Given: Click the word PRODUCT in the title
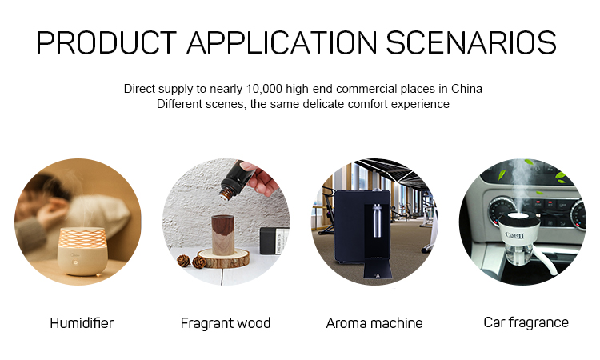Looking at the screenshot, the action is coord(106,42).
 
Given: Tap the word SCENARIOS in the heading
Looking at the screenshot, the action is coord(471,42).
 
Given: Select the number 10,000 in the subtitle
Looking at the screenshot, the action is coord(264,89).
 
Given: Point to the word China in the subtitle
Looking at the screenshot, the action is coord(466,89).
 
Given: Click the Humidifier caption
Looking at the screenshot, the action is coord(82,323).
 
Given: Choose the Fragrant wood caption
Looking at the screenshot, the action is coord(226,323).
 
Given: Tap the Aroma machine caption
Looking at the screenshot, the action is coord(374,323).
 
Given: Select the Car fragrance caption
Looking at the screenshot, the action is coord(526,322).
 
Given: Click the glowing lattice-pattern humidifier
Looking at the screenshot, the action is coord(81,251).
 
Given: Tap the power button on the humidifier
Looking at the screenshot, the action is coord(76,263).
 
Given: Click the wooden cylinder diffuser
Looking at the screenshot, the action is coord(223,234).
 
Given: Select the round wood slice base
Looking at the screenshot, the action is coord(223,258).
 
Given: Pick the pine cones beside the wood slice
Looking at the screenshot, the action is coord(191,262).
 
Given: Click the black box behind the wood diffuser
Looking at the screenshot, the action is coord(274,241).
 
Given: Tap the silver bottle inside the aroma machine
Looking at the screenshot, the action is coord(377,221).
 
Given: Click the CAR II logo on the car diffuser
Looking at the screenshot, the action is coord(514,235).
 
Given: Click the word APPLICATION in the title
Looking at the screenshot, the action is coord(282,42).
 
